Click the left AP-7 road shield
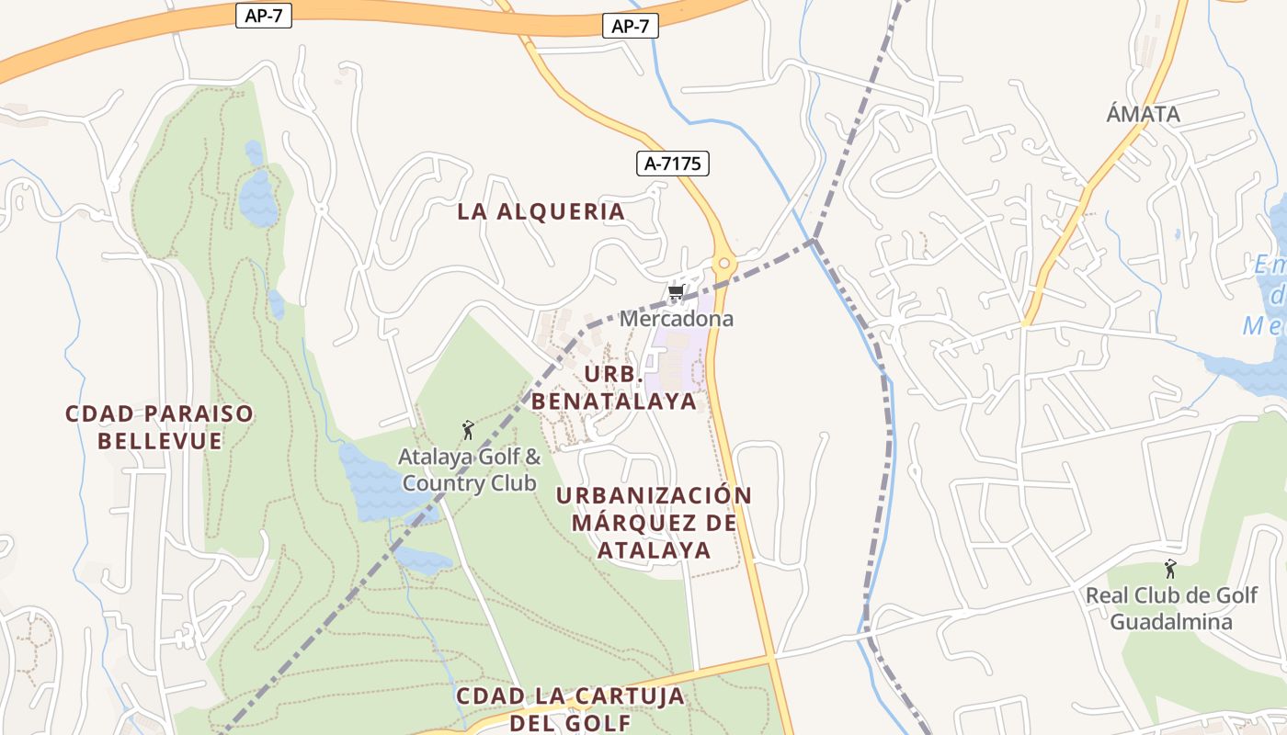264,16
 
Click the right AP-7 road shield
631,26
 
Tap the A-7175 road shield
673,164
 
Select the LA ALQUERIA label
541,211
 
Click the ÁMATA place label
1143,115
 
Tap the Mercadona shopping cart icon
676,293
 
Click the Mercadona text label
677,319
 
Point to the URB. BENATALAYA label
614,389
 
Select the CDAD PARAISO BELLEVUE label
160,427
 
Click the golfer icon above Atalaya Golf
467,430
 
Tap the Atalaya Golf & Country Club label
470,469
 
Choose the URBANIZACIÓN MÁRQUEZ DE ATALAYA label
655,523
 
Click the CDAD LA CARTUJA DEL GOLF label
571,709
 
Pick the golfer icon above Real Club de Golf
1170,569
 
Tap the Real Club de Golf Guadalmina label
1171,608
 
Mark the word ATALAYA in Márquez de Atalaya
655,550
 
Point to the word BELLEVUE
160,441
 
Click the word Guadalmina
1171,622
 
